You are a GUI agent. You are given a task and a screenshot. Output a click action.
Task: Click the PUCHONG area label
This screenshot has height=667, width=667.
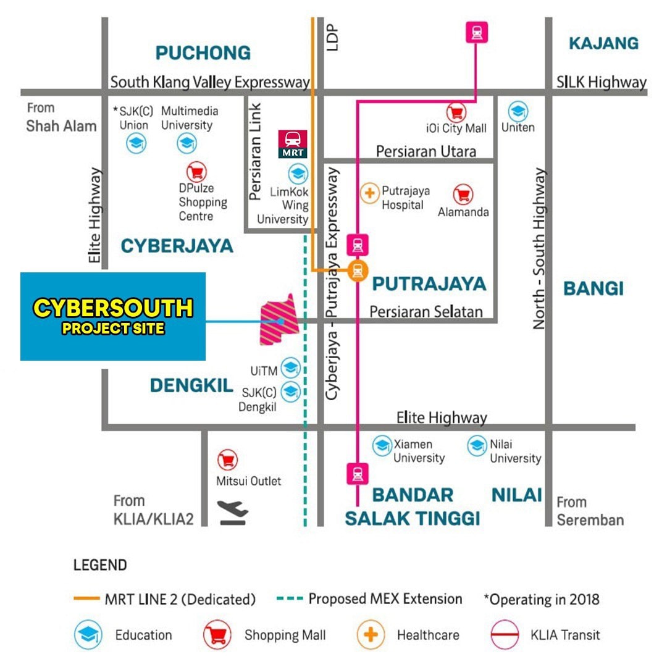pos(203,53)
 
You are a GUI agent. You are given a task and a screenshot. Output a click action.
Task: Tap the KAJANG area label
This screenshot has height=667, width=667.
pos(603,43)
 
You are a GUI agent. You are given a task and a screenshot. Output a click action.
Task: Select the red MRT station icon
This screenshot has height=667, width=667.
pos(292,144)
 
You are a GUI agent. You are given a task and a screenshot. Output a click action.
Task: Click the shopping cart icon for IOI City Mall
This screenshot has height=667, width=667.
pos(457,112)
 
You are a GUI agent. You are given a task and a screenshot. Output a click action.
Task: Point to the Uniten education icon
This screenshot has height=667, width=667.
pos(518,112)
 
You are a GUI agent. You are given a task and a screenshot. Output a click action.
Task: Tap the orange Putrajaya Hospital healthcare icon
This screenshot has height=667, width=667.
pos(369,193)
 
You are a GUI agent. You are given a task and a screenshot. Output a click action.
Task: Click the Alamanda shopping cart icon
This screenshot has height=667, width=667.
pos(463,195)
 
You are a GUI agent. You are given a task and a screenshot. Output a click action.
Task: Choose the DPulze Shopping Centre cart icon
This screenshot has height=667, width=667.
pos(196,172)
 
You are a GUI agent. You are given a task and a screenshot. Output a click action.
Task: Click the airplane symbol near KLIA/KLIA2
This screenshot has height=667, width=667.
pos(233,513)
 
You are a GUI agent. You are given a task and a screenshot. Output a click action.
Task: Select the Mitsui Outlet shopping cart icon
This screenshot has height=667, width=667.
pos(228,459)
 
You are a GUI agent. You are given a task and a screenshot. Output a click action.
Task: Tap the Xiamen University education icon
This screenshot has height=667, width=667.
pos(382,445)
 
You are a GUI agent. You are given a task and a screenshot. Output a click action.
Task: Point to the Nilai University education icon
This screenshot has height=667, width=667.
pos(477,445)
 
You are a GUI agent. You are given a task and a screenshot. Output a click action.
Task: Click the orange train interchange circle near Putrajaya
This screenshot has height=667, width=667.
pos(358,270)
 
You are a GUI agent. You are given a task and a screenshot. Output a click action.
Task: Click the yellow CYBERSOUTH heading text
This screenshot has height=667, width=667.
pos(113,308)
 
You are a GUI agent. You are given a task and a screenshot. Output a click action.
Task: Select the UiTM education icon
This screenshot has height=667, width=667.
pos(290,368)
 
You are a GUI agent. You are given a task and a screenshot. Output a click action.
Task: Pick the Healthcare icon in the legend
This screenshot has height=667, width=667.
pos(371,634)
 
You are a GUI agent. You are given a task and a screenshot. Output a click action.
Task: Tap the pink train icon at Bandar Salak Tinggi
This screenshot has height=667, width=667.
pos(358,474)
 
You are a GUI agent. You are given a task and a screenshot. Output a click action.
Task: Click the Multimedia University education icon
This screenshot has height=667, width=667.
pos(187,143)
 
